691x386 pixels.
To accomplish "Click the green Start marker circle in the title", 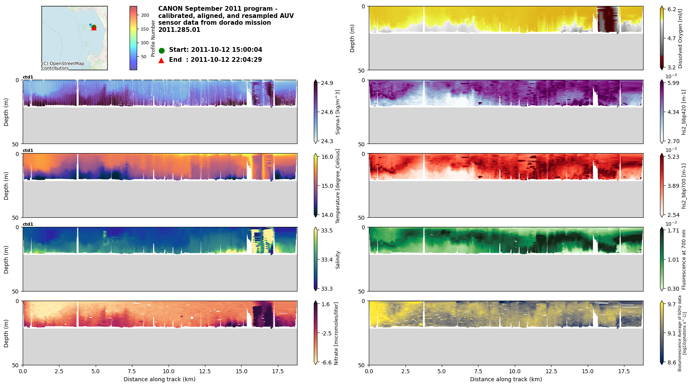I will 161,51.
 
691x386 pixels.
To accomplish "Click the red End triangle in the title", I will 161,60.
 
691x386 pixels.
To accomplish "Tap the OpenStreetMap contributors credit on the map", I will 63,66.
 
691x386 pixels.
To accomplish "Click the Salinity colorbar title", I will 338,260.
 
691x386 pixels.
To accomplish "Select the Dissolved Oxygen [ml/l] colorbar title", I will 681,38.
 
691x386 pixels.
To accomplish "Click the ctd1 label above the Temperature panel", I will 28,151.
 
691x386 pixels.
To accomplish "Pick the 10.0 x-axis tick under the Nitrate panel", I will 169,371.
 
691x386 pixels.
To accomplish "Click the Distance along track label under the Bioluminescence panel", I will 506,379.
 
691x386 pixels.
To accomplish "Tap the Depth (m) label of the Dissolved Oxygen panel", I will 352,38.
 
